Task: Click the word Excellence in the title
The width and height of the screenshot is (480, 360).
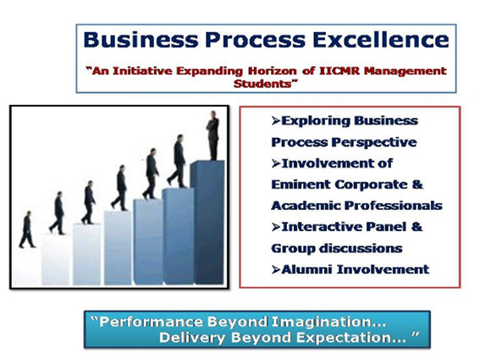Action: tap(380, 40)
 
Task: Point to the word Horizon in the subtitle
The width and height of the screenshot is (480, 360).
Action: tap(272, 71)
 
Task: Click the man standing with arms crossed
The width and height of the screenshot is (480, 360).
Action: tap(212, 136)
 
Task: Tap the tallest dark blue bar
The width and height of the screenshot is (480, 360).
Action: tap(207, 222)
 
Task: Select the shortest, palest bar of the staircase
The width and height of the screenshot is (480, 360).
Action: tap(55, 259)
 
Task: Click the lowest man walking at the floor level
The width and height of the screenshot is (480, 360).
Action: tap(27, 230)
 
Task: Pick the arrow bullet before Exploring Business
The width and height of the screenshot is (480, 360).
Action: tap(276, 121)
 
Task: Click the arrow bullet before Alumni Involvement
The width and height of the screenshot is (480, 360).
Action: tap(276, 270)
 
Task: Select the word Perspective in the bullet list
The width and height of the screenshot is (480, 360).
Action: tap(374, 142)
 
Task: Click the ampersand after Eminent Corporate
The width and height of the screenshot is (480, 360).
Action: tap(417, 185)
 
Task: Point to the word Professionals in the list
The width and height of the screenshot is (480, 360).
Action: tap(394, 206)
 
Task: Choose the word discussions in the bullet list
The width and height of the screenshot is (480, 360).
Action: tap(361, 248)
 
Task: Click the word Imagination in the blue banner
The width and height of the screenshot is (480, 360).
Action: tap(328, 323)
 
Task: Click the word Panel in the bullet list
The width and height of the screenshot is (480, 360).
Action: tap(386, 227)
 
